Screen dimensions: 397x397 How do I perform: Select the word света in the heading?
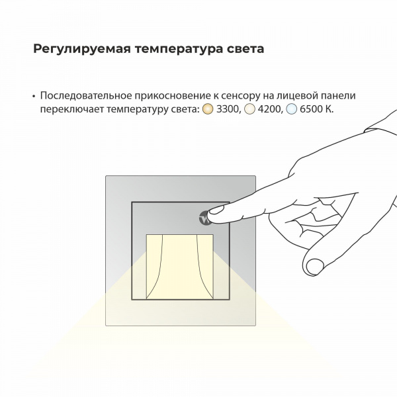tap(245, 49)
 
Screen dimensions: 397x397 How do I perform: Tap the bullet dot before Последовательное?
tap(33, 96)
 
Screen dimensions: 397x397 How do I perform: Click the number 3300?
tap(228, 109)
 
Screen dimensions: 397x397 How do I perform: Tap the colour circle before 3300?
tap(207, 109)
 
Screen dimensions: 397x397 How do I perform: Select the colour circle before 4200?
tap(249, 109)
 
